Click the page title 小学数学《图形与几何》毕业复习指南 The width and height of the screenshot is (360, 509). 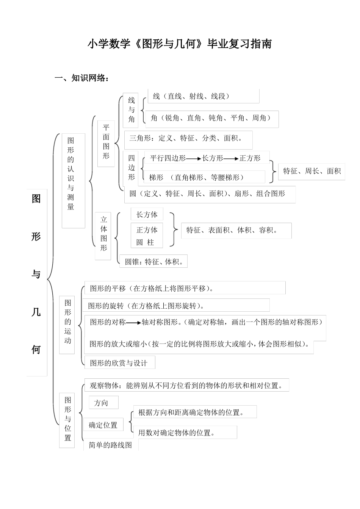pos(180,44)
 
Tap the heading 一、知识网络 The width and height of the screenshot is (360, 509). pos(82,78)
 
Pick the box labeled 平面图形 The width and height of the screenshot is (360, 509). pos(106,143)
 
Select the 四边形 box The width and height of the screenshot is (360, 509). pos(131,168)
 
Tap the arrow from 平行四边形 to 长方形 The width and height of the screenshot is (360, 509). pos(194,159)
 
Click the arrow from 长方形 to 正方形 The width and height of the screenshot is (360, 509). pos(231,159)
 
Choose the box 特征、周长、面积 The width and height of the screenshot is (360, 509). pos(312,172)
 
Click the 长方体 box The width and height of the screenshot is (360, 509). pos(147,215)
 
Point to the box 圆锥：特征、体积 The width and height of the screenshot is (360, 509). pos(154,262)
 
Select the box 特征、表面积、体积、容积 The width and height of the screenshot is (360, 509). pos(236,230)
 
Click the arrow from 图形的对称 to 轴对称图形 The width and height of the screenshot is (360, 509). pos(133,323)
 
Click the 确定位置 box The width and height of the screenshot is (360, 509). pos(103,425)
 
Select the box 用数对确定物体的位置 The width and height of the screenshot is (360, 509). pos(185,432)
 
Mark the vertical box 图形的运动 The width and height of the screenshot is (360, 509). pos(67,325)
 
